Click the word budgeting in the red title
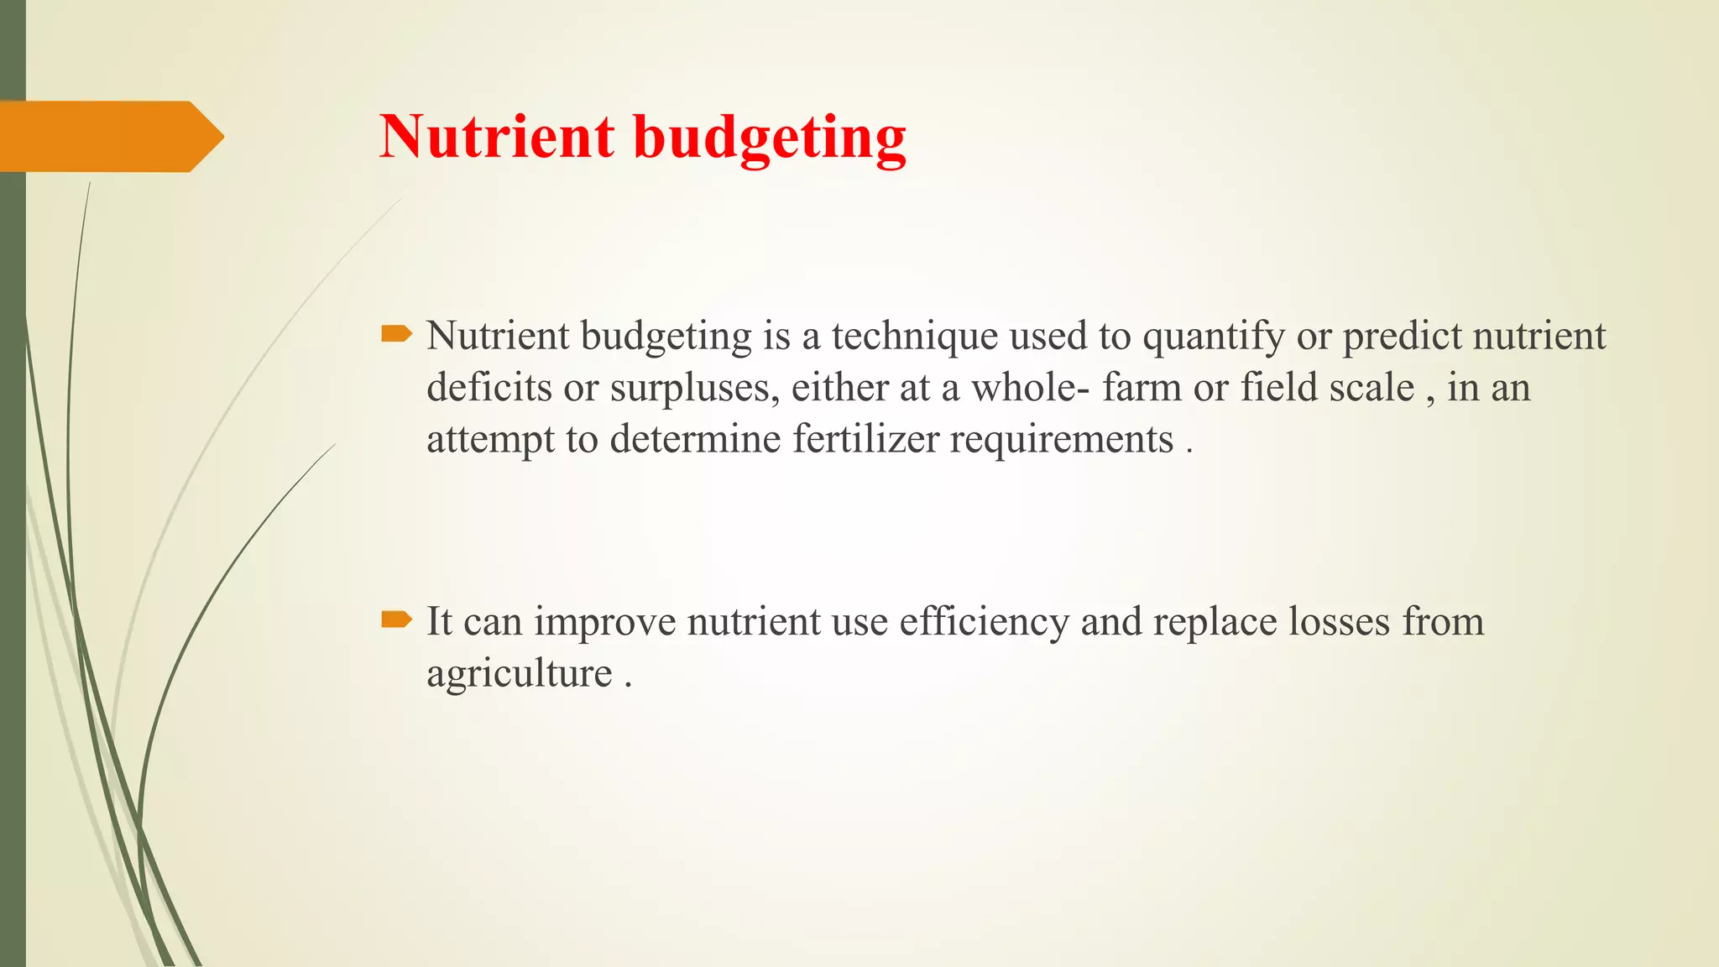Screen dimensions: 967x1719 (770, 138)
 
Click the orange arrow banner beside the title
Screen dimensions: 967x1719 (109, 136)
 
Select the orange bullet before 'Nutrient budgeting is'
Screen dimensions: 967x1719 (396, 335)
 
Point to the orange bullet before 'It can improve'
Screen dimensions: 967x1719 (396, 620)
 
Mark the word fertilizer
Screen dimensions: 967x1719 (865, 439)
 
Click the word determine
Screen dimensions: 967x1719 (695, 439)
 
